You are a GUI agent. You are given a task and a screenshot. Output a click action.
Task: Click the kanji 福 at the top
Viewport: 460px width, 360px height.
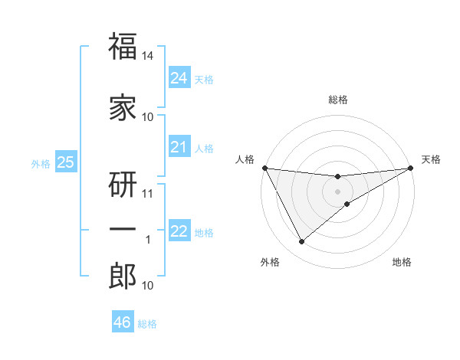tap(123, 47)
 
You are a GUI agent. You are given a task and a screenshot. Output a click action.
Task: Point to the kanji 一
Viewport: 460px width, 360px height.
tap(123, 230)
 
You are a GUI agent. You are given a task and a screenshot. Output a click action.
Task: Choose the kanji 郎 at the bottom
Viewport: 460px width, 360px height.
tap(123, 277)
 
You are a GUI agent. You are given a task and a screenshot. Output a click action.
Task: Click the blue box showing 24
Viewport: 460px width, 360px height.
tap(179, 77)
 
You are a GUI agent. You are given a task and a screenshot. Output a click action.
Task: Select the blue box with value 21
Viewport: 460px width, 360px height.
tap(179, 147)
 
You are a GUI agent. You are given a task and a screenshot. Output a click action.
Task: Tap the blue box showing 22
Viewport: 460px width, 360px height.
tap(179, 231)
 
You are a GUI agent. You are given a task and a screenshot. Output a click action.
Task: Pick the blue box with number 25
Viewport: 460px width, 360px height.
tap(66, 162)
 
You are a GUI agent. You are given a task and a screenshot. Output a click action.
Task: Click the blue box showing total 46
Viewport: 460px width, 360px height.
tap(123, 322)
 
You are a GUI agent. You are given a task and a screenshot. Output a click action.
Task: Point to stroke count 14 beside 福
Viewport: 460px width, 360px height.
tap(148, 57)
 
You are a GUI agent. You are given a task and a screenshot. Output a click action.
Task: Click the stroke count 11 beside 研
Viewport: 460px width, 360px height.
tap(148, 194)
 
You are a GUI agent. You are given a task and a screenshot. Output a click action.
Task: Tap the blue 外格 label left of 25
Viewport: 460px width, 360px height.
tap(41, 163)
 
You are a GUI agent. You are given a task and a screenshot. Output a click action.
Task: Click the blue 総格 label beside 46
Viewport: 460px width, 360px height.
tap(147, 324)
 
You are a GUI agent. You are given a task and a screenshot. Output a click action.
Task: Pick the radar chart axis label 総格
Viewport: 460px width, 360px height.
tap(337, 100)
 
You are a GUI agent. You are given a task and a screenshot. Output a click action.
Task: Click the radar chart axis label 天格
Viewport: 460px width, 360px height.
tap(431, 159)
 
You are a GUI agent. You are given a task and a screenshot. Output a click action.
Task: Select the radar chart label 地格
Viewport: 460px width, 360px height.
tap(402, 263)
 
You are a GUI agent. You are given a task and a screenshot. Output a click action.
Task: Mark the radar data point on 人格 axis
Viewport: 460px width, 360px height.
tap(264, 168)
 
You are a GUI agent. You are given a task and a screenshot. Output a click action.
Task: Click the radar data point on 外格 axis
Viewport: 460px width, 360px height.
tap(301, 242)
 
